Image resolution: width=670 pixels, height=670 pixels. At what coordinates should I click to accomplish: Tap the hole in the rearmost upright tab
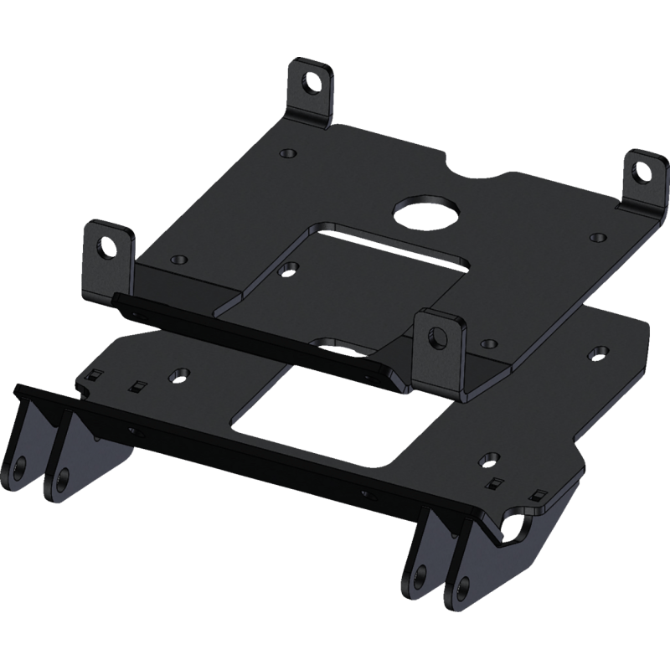point(312,82)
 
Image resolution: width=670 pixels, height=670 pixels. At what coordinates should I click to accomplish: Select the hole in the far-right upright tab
point(642,172)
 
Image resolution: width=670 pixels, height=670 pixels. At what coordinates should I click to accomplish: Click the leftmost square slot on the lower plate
point(95,374)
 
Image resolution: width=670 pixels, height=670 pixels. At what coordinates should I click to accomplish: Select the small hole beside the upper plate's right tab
point(595,237)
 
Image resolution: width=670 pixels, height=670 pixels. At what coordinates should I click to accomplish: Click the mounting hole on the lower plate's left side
point(178,373)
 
